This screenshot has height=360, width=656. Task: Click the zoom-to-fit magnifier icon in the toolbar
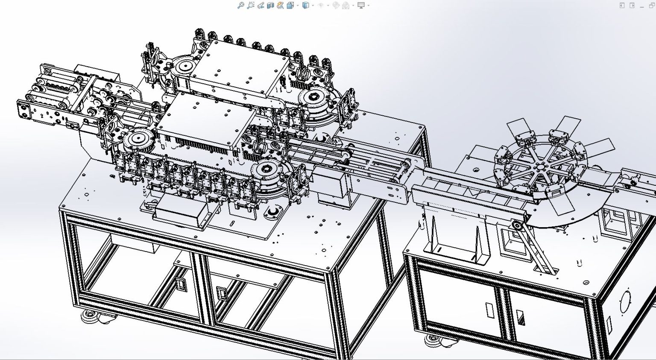(241, 5)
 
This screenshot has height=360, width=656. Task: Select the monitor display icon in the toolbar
(361, 5)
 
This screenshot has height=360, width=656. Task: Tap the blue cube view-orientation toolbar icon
(305, 5)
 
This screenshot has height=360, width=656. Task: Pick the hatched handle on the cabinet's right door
(521, 318)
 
